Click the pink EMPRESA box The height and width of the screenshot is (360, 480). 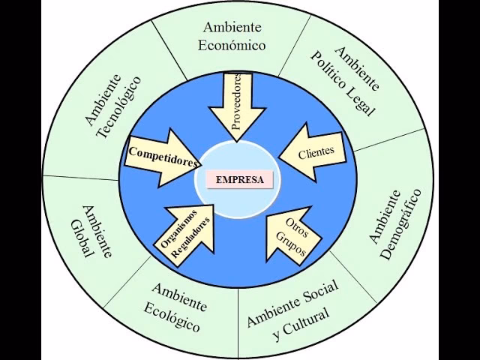pyautogui.click(x=239, y=180)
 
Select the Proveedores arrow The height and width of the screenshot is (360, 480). pyautogui.click(x=236, y=105)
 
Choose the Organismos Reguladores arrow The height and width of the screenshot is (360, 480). pyautogui.click(x=187, y=233)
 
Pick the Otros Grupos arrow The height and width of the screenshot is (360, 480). pyautogui.click(x=295, y=235)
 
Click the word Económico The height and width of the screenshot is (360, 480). pyautogui.click(x=232, y=45)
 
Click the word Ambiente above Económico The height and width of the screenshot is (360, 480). pyautogui.click(x=232, y=27)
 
